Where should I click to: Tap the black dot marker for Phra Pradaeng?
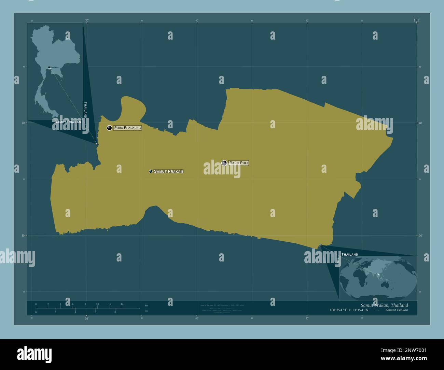point(109,128)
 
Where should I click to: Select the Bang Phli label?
point(238,163)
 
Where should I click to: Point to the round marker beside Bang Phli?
point(224,163)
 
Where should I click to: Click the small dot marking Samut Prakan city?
point(151,171)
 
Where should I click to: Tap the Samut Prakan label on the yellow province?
point(168,171)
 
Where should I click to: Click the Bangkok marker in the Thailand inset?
point(49,67)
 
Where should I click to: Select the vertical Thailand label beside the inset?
point(85,110)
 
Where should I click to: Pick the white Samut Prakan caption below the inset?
point(68,122)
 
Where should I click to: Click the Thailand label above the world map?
point(350,255)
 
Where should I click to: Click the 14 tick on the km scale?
point(122,304)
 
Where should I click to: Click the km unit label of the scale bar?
point(147,305)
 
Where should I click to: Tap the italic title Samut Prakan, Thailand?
point(384,305)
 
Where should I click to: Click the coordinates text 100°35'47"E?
point(338,310)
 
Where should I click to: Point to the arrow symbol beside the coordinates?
point(376,310)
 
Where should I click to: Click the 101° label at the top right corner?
point(416,20)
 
